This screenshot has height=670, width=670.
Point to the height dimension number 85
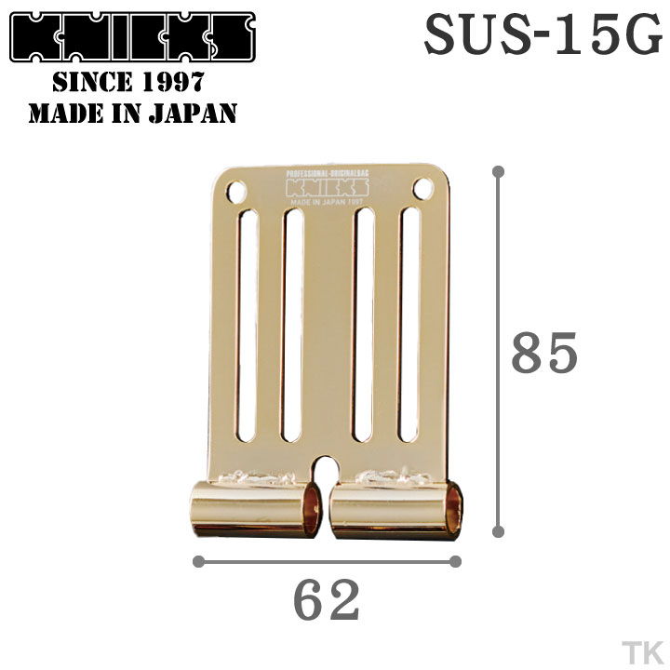pyautogui.click(x=544, y=353)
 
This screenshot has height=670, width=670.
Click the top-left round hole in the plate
pyautogui.click(x=235, y=193)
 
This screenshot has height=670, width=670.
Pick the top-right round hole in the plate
pyautogui.click(x=422, y=189)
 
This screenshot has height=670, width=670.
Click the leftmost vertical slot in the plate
pyautogui.click(x=248, y=325)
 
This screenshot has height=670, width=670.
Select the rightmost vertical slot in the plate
pyautogui.click(x=409, y=325)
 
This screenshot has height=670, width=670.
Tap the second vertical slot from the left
pyautogui.click(x=292, y=325)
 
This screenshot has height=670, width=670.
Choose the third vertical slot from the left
pyautogui.click(x=364, y=325)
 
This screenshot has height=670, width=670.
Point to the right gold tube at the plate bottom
pyautogui.click(x=395, y=509)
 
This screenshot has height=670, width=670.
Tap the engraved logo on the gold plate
pyautogui.click(x=328, y=187)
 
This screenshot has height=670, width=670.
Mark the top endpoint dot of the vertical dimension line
pyautogui.click(x=499, y=171)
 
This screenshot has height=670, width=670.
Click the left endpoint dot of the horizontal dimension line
pyautogui.click(x=198, y=561)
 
